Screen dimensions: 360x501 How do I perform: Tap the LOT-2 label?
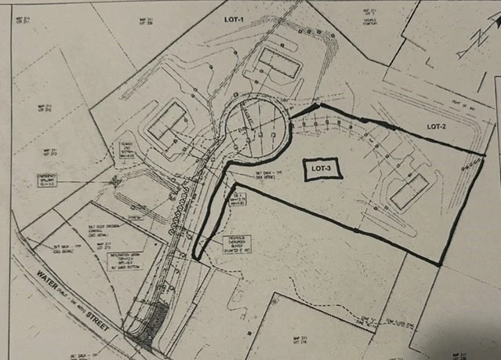436,126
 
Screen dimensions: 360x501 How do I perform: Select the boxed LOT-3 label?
320,170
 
